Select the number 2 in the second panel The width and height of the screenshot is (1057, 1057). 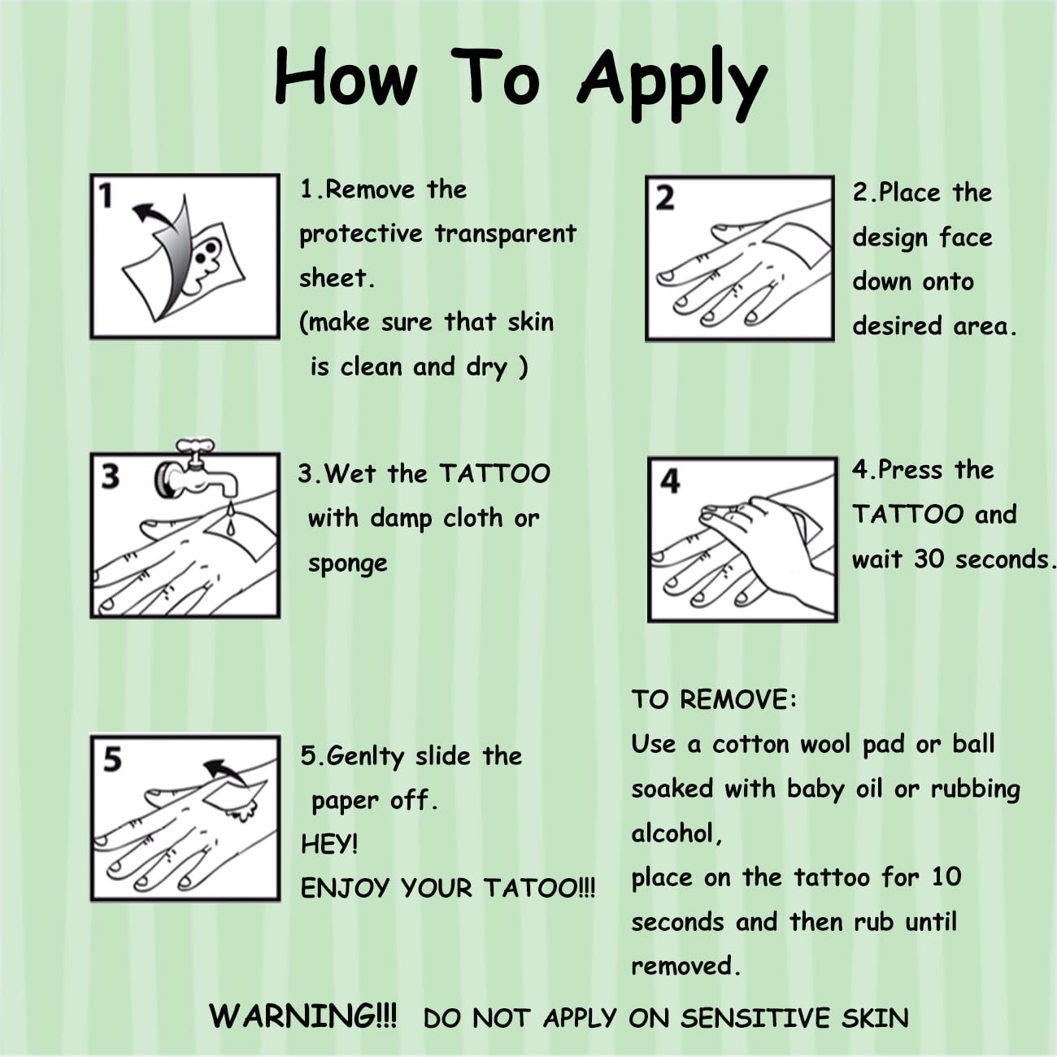tap(665, 198)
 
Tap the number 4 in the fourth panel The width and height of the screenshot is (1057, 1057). tap(670, 481)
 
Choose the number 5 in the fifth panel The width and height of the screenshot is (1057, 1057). tap(112, 759)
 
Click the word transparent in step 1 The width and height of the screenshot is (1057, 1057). tap(505, 233)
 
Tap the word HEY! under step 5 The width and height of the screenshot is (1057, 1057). tap(329, 844)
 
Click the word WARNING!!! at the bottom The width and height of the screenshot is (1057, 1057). tap(303, 1016)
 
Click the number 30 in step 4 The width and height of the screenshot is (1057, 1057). tap(930, 559)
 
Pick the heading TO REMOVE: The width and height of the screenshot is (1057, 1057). tap(714, 699)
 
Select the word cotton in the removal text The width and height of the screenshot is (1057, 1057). tap(751, 745)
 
